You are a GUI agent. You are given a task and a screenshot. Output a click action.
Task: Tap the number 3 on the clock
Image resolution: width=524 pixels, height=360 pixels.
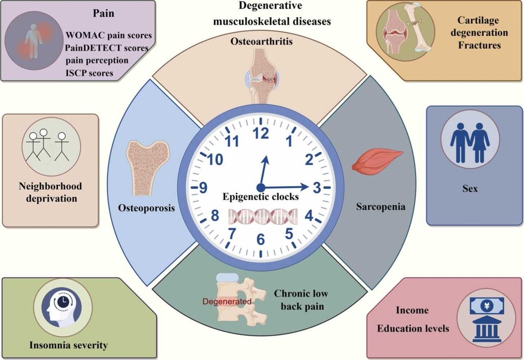(x=317, y=188)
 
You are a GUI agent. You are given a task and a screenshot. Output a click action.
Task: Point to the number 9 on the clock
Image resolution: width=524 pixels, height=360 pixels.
(x=203, y=188)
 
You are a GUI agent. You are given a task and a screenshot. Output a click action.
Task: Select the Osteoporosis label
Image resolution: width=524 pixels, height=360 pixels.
(x=146, y=208)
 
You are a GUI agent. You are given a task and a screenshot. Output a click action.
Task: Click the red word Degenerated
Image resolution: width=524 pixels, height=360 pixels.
(x=226, y=301)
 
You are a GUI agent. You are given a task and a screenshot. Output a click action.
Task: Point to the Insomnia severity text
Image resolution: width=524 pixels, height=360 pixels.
(x=68, y=346)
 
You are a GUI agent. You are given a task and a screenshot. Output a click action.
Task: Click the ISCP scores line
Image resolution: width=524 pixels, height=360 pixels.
(x=90, y=73)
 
